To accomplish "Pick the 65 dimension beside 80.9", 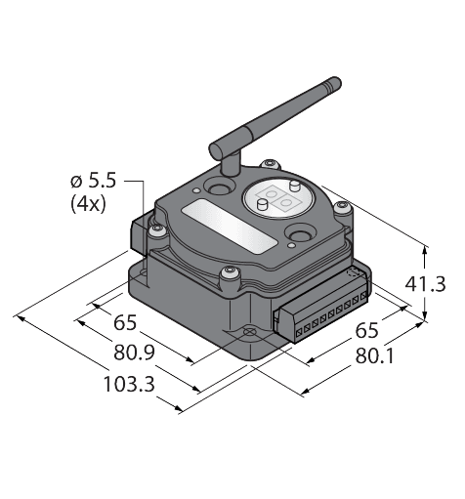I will (125, 323).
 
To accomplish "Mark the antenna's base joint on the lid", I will (225, 182).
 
